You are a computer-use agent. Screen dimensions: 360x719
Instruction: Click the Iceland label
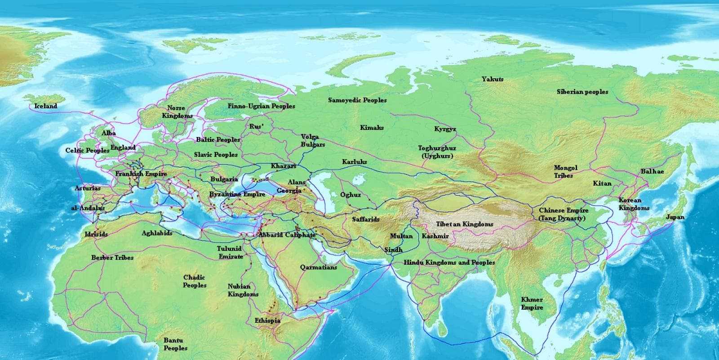click(x=46, y=106)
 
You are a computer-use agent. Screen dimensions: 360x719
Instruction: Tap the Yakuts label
click(x=493, y=79)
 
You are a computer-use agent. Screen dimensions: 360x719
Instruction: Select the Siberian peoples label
click(x=582, y=92)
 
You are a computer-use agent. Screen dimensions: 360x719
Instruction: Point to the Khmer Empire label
click(x=532, y=303)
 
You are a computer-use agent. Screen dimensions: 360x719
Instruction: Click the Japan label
click(x=675, y=217)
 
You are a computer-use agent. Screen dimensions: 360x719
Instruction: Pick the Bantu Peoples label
click(x=175, y=345)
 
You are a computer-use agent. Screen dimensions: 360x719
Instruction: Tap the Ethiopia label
click(x=267, y=320)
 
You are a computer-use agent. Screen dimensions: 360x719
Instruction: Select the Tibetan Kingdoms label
click(x=465, y=224)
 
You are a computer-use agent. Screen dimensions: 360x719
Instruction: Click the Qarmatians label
click(x=318, y=267)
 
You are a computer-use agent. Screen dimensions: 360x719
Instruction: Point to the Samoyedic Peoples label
click(x=357, y=100)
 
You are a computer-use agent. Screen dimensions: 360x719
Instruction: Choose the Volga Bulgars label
click(x=313, y=141)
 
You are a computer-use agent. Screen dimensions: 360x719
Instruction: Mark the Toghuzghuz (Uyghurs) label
click(x=437, y=152)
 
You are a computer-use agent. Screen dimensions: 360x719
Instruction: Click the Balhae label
click(x=652, y=172)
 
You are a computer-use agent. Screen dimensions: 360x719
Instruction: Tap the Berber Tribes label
click(x=112, y=258)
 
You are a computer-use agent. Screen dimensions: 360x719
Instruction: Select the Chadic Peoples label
click(x=195, y=281)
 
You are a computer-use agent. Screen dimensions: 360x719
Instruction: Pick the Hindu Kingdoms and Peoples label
click(x=449, y=262)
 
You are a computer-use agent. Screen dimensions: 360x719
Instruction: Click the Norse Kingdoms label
click(x=177, y=112)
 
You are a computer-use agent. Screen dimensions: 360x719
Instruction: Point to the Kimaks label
click(x=372, y=128)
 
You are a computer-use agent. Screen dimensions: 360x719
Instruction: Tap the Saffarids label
click(x=366, y=219)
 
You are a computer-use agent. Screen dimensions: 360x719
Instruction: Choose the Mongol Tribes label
click(x=565, y=172)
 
